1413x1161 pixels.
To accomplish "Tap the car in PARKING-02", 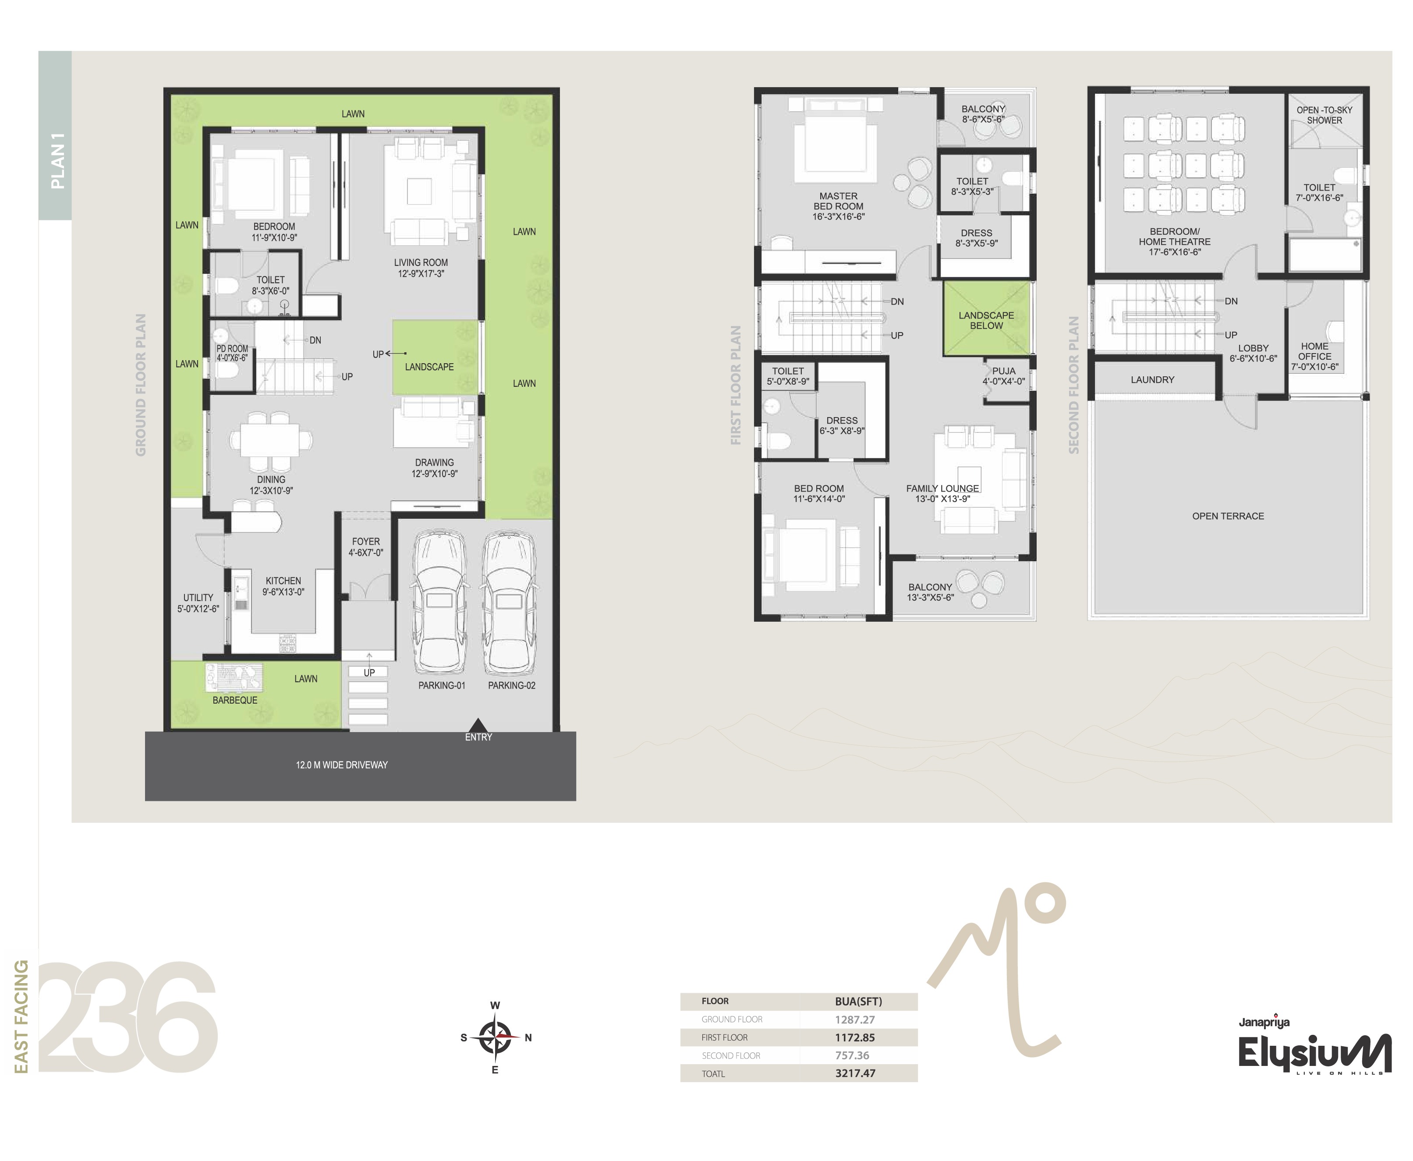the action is click(509, 602).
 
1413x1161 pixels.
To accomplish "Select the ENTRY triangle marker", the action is click(478, 725).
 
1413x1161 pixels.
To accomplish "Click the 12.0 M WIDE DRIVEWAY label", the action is click(342, 765).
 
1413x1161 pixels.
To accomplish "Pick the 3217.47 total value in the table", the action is click(855, 1073).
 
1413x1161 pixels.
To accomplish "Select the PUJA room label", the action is click(1004, 371).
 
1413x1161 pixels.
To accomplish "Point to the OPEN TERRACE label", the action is click(1228, 516).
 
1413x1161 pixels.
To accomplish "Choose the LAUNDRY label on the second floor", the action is click(1152, 380).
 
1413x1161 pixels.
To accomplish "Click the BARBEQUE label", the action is click(235, 700).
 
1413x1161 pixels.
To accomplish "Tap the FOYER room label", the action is click(366, 542).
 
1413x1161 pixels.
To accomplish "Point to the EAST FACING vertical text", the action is click(21, 1016).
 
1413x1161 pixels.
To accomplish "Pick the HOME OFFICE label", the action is click(1315, 351).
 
